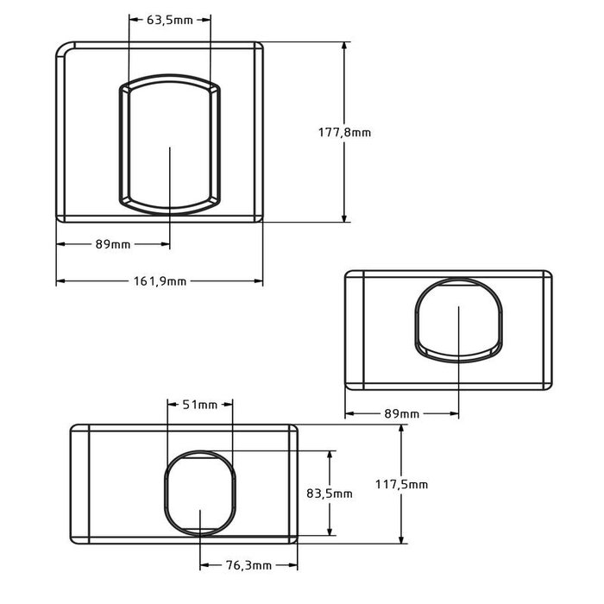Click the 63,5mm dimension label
(170, 20)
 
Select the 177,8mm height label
(345, 132)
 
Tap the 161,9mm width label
(160, 281)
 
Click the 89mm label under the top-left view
(113, 244)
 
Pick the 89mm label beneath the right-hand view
(401, 414)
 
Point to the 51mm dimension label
(199, 405)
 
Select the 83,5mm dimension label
(330, 494)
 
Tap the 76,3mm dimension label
(249, 565)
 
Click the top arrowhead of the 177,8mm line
(345, 46)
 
